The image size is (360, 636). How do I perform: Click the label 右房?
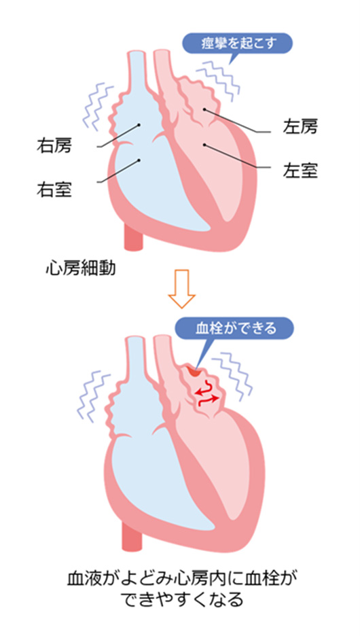(54, 145)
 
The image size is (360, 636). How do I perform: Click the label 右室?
(54, 189)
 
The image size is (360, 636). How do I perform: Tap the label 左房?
(300, 127)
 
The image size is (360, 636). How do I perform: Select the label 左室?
(300, 171)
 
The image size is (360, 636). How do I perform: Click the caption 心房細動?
(81, 268)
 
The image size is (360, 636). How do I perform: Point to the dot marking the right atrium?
(139, 125)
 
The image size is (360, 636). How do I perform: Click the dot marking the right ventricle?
(139, 160)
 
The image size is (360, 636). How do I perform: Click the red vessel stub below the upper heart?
(133, 236)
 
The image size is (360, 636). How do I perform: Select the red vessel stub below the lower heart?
(132, 536)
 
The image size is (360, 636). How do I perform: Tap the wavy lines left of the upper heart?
(97, 105)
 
